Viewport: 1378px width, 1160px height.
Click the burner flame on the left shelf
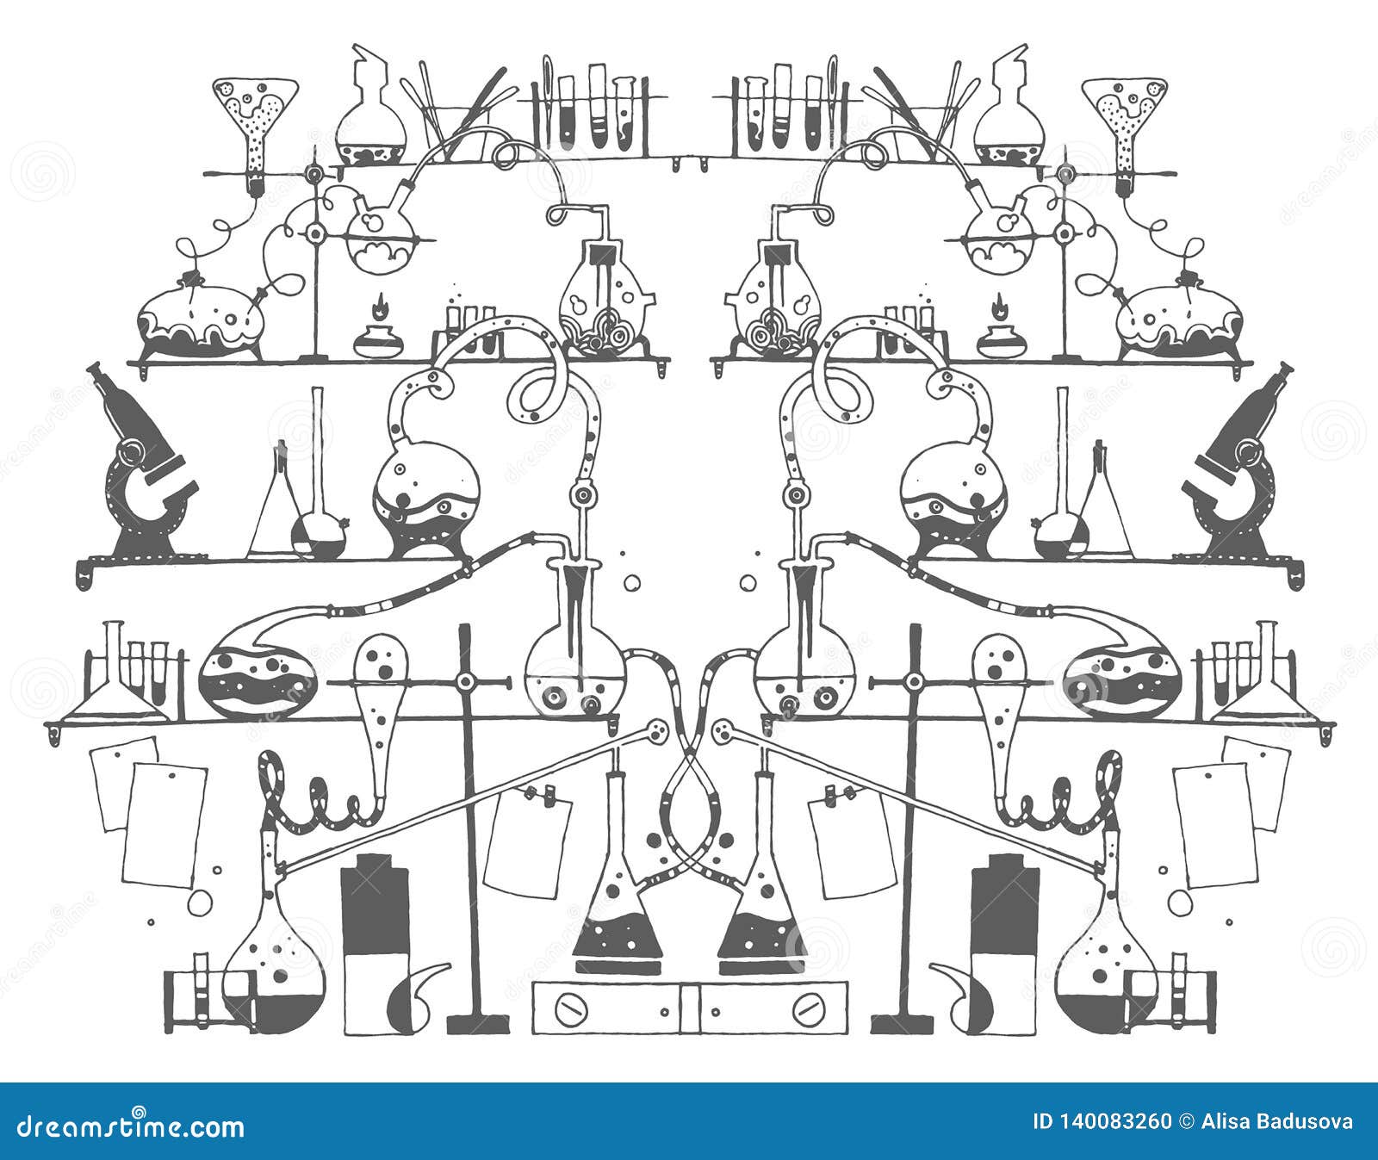(378, 307)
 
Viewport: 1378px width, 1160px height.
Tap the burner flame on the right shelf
(999, 307)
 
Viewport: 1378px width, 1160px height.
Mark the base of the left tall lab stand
(478, 1024)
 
